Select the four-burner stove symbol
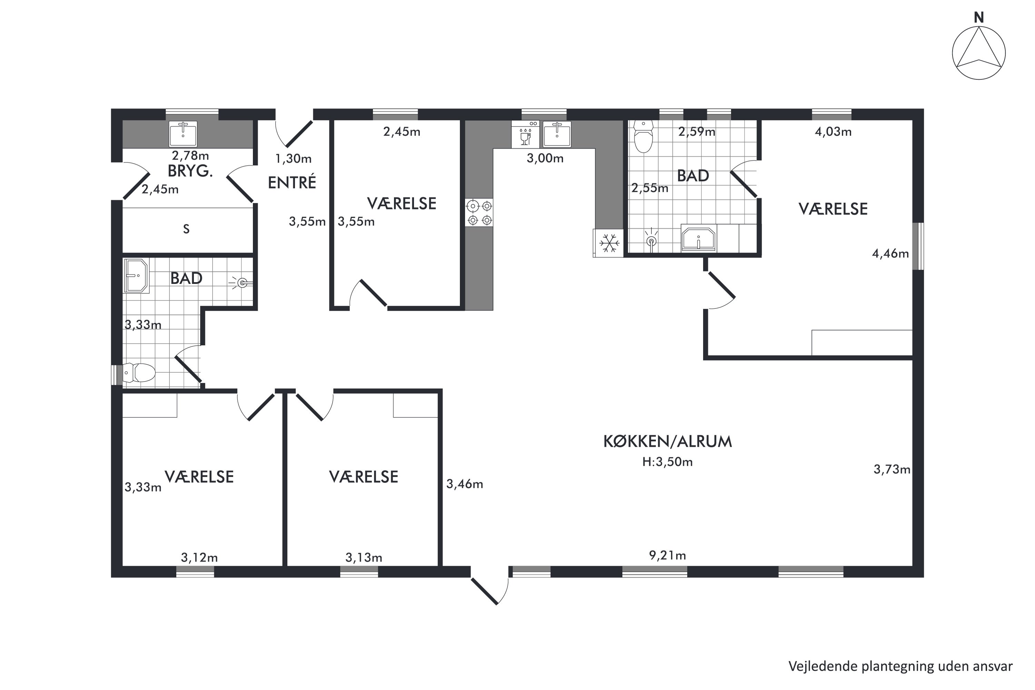coord(479,213)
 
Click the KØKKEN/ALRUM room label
coord(667,441)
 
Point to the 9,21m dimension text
coord(667,555)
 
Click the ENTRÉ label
coord(292,183)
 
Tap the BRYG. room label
coord(190,171)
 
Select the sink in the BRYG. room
coord(183,134)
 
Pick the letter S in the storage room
coord(186,229)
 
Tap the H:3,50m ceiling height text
coord(667,462)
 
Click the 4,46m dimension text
coord(890,254)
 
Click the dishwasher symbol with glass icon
coord(525,135)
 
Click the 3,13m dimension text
coord(364,558)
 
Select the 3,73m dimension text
coord(891,470)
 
